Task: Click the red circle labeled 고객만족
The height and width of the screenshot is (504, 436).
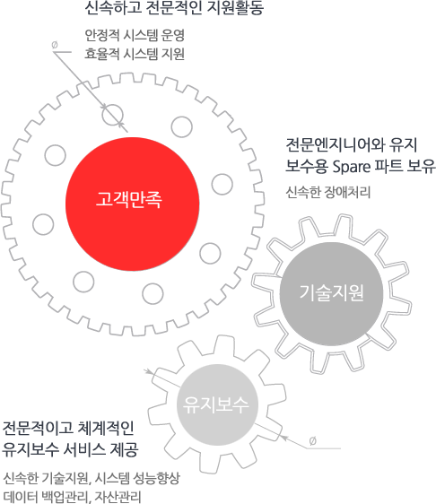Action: pyautogui.click(x=133, y=204)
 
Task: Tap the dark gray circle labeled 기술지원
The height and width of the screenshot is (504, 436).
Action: pyautogui.click(x=332, y=294)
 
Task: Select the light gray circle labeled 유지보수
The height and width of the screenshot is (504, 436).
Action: pyautogui.click(x=217, y=404)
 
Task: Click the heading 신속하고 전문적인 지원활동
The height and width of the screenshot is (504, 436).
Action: pyautogui.click(x=174, y=8)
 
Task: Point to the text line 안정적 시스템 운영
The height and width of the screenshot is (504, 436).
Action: pyautogui.click(x=135, y=35)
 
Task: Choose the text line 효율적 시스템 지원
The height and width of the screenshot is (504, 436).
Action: pyautogui.click(x=135, y=53)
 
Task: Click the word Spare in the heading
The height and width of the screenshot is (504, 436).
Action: pyautogui.click(x=352, y=167)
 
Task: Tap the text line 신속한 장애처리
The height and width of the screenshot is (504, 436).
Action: pyautogui.click(x=328, y=192)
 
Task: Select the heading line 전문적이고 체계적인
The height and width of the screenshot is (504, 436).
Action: pyautogui.click(x=68, y=428)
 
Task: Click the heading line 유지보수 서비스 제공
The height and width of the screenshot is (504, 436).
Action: pyautogui.click(x=70, y=449)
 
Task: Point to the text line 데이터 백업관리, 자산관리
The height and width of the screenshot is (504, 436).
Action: pyautogui.click(x=72, y=497)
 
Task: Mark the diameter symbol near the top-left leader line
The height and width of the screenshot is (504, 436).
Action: pyautogui.click(x=55, y=45)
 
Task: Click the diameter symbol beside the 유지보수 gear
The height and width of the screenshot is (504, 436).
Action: pyautogui.click(x=312, y=441)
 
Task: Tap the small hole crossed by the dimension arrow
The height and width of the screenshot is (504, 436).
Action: pyautogui.click(x=112, y=115)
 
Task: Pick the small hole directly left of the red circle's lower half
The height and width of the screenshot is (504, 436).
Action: pyautogui.click(x=43, y=224)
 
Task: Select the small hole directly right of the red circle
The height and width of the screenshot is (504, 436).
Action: pyautogui.click(x=222, y=184)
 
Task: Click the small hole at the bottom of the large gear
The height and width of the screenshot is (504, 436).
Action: pyautogui.click(x=153, y=294)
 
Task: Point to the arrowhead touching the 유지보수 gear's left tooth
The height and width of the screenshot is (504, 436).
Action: pyautogui.click(x=149, y=371)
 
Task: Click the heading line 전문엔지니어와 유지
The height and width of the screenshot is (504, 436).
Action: pyautogui.click(x=352, y=145)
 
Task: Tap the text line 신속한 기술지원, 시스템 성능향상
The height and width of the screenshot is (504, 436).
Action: pyautogui.click(x=92, y=478)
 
